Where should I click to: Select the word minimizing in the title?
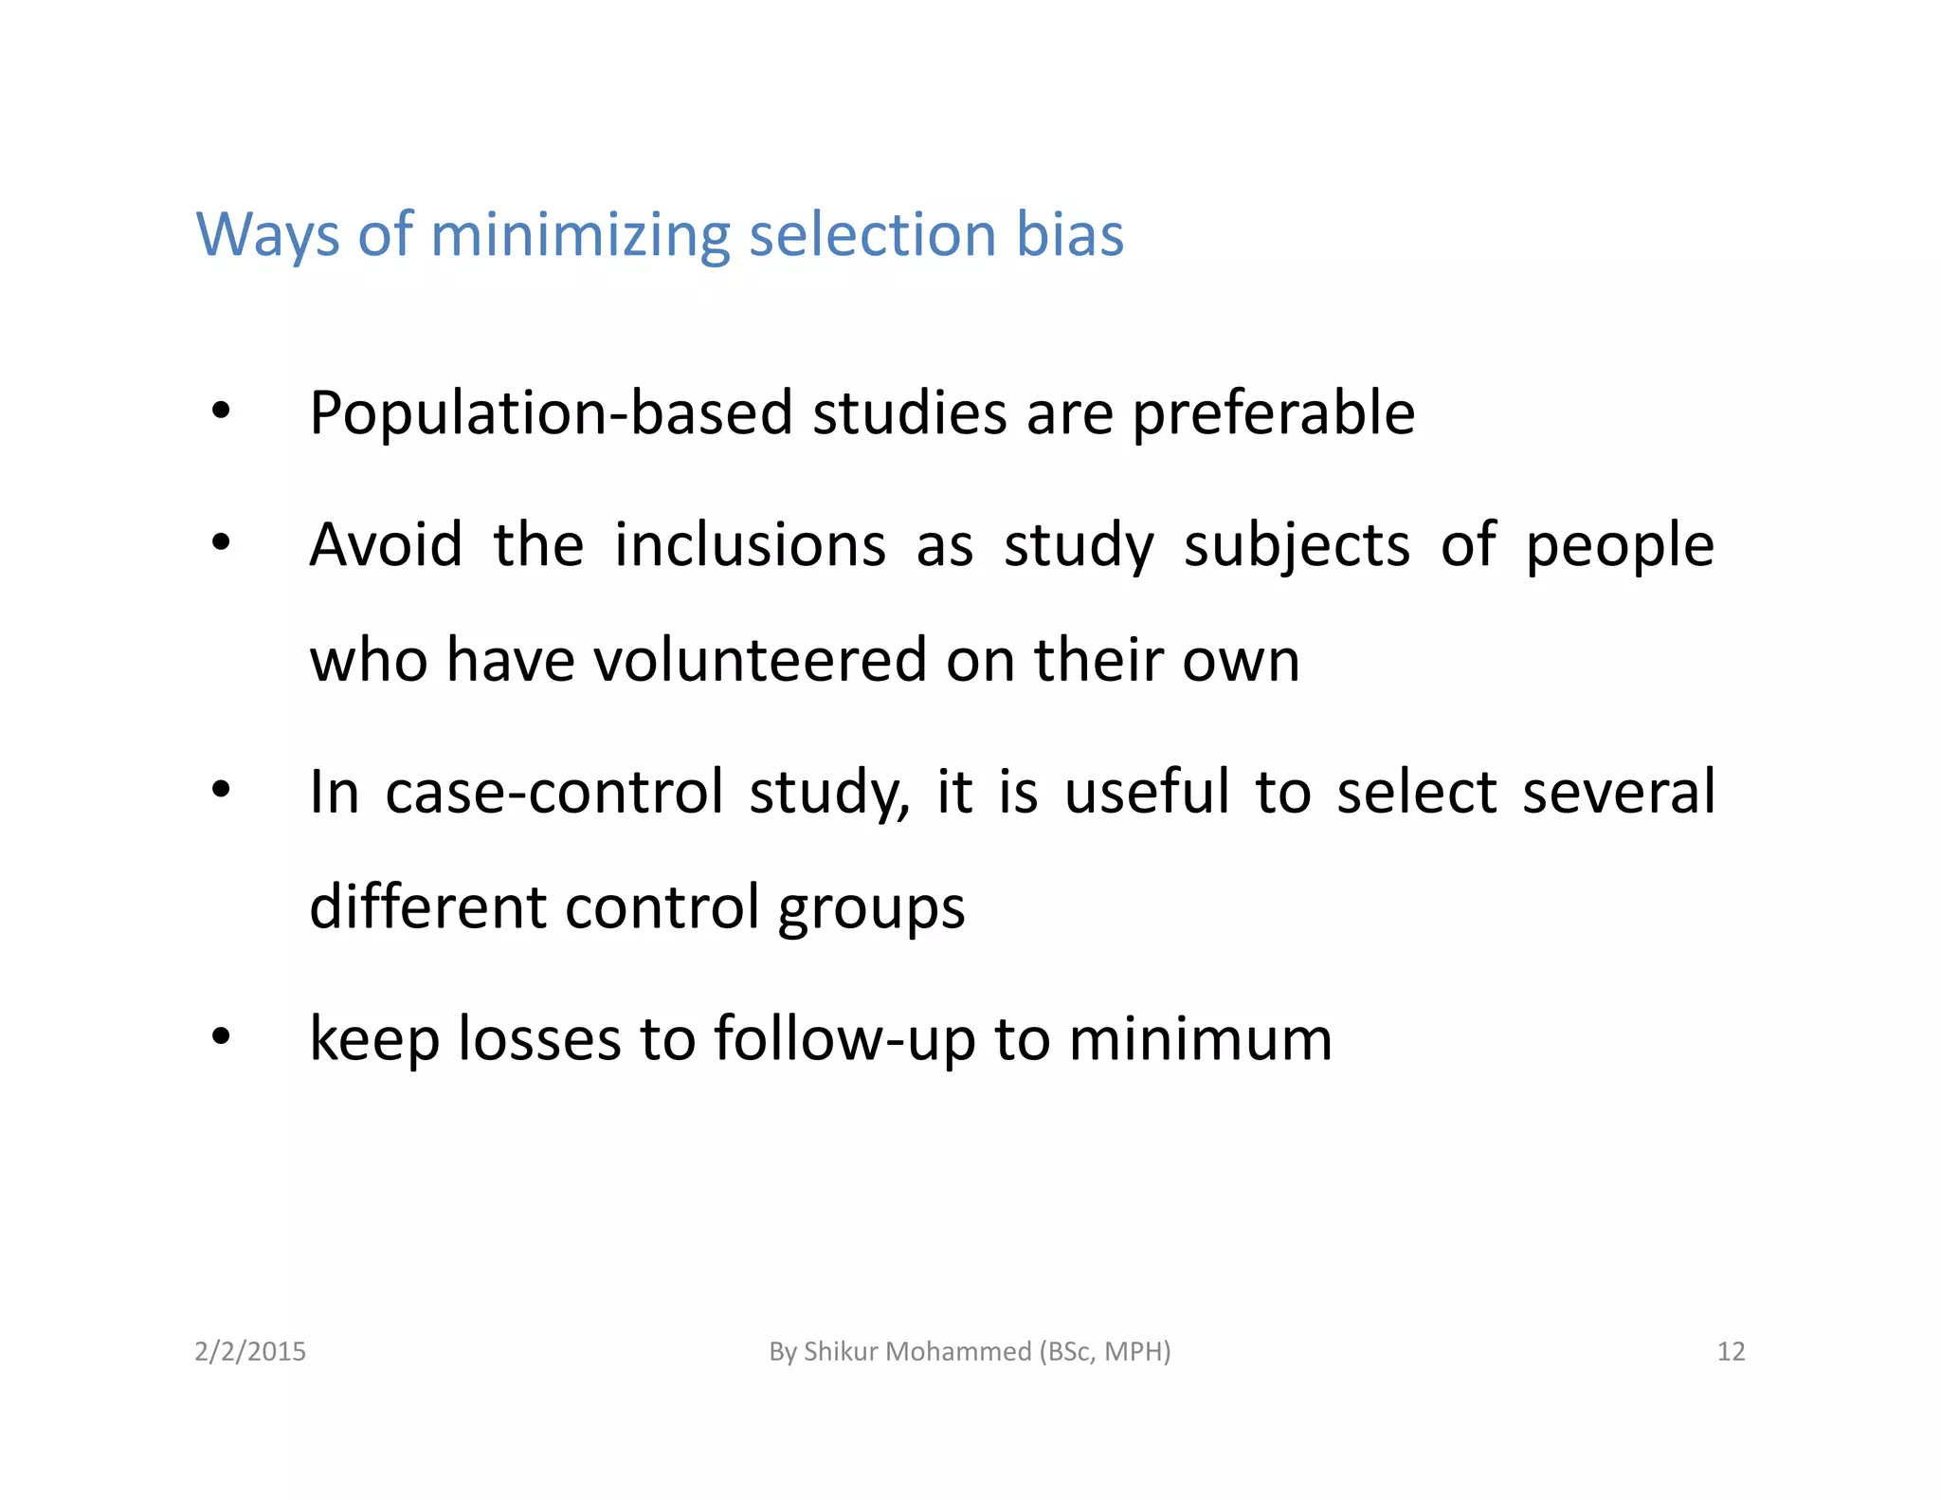click(580, 234)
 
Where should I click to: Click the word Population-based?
click(551, 413)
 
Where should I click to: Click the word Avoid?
click(387, 545)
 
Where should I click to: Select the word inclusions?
click(750, 545)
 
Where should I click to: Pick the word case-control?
click(554, 792)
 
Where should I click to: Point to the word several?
click(1619, 792)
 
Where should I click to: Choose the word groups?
click(871, 908)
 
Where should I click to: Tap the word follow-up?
click(844, 1040)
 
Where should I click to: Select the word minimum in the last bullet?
click(1201, 1038)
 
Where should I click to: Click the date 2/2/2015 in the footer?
click(250, 1351)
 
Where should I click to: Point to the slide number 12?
click(1731, 1351)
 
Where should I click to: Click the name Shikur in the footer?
click(838, 1351)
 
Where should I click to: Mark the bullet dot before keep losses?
click(221, 1036)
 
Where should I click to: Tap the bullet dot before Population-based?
click(221, 412)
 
